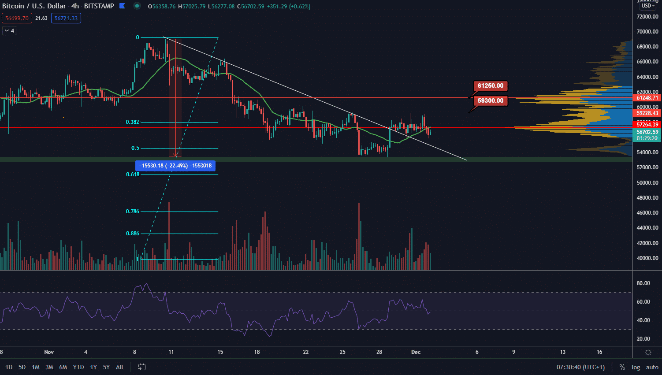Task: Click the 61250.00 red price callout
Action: click(x=490, y=86)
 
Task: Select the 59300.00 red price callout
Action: click(x=490, y=101)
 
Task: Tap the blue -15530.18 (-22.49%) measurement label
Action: click(x=175, y=166)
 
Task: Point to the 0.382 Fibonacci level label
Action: click(x=132, y=122)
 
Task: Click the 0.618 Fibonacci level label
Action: click(x=132, y=175)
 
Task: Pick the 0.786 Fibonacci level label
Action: click(x=132, y=212)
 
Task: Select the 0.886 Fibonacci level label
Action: click(x=132, y=234)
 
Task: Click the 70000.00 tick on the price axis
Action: click(x=647, y=32)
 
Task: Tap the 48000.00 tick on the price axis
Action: click(x=647, y=198)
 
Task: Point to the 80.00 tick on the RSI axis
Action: click(x=643, y=283)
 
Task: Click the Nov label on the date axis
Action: click(x=49, y=352)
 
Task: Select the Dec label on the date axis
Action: click(x=416, y=352)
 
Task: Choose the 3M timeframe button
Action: click(x=49, y=367)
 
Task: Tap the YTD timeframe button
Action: click(x=78, y=367)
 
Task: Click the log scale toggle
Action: click(x=636, y=367)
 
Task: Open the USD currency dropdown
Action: click(x=648, y=6)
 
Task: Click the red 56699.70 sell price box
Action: click(x=17, y=19)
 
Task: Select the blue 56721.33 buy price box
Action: click(x=66, y=19)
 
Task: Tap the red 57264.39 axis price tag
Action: click(x=647, y=125)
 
